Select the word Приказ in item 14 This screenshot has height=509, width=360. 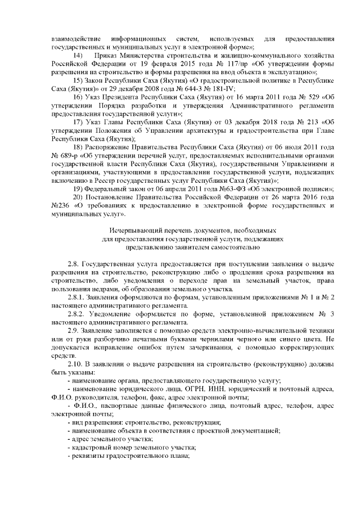coord(107,57)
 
